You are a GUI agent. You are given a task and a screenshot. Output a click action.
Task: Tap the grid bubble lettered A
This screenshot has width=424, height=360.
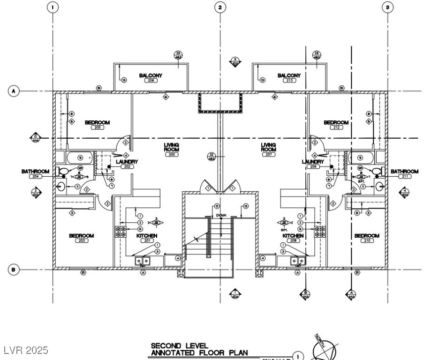(14, 90)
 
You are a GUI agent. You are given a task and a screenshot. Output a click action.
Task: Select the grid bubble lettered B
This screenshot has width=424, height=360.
(14, 269)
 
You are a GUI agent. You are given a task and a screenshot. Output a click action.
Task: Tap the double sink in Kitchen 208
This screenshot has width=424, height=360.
(296, 261)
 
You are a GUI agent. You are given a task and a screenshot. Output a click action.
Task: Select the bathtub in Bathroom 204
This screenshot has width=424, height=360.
(81, 157)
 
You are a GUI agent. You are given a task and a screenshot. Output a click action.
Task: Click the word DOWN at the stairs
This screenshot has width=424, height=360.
(221, 215)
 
